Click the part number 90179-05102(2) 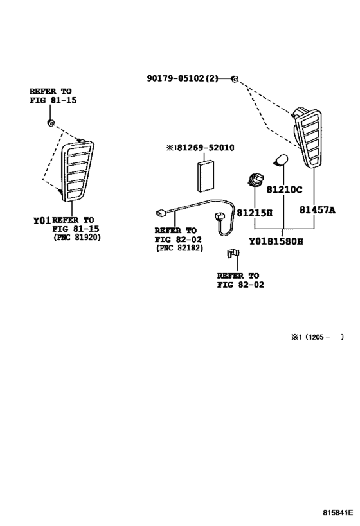click(183, 78)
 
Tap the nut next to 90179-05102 click(235, 79)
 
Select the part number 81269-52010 click(200, 148)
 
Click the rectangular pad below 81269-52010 click(205, 176)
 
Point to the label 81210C click(284, 190)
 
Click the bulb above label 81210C click(281, 160)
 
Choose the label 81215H click(255, 213)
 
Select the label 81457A click(318, 210)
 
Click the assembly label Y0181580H click(276, 241)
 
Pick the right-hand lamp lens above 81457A click(307, 137)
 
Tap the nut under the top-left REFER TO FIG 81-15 click(51, 123)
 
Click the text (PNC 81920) click(77, 237)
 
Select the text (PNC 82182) click(179, 248)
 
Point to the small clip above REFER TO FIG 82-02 click(233, 254)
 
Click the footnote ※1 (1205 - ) click(318, 337)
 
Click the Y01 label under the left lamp click(42, 220)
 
